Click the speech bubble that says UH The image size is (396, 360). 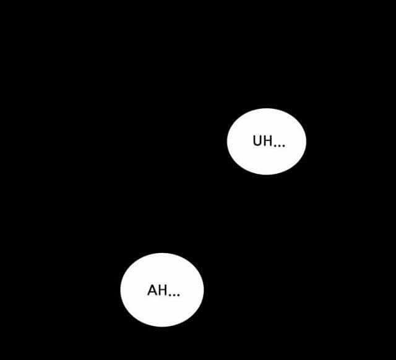click(x=267, y=142)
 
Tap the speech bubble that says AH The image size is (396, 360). click(x=162, y=290)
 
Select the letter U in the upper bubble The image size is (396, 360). click(x=257, y=141)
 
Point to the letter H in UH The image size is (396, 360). click(x=269, y=141)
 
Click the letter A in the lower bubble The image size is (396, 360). click(x=152, y=290)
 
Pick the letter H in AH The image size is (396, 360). click(x=163, y=290)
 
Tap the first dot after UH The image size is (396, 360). click(x=275, y=145)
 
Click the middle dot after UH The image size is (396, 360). click(x=280, y=145)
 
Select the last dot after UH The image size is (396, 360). click(x=283, y=145)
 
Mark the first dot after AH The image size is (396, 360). click(x=170, y=294)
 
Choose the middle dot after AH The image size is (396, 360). click(x=174, y=294)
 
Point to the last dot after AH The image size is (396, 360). click(x=178, y=294)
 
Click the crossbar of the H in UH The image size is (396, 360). click(x=269, y=140)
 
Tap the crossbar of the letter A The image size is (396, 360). click(x=152, y=292)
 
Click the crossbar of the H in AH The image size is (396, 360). click(x=163, y=290)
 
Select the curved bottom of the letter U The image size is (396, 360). click(x=257, y=145)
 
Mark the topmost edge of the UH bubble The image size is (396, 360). click(x=267, y=108)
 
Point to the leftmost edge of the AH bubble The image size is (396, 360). click(x=121, y=290)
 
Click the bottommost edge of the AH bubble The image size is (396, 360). click(x=162, y=327)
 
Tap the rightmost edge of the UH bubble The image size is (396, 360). click(x=306, y=142)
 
